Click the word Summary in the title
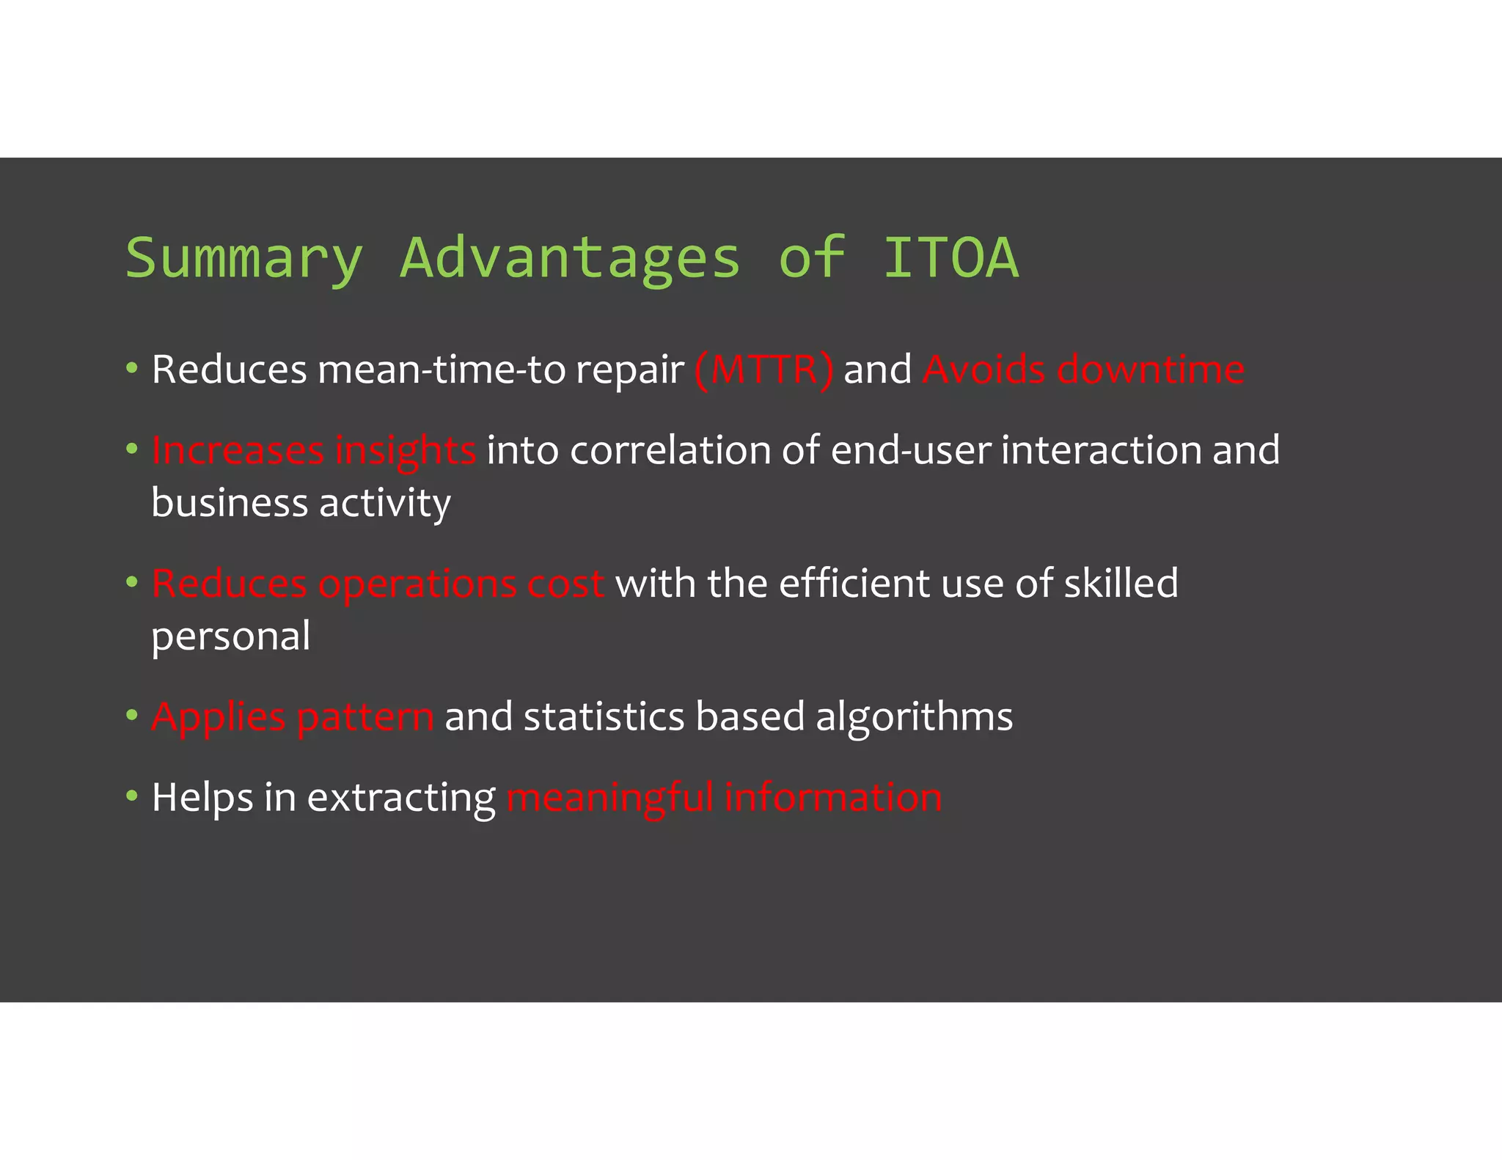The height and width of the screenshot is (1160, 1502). click(244, 259)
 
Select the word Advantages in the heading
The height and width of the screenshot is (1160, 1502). click(570, 259)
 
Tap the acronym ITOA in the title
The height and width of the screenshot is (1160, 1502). click(950, 257)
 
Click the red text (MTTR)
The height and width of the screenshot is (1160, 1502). click(763, 370)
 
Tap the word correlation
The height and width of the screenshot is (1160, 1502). click(670, 450)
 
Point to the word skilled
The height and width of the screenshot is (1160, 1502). click(1121, 584)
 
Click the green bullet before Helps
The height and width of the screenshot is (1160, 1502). click(132, 796)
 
